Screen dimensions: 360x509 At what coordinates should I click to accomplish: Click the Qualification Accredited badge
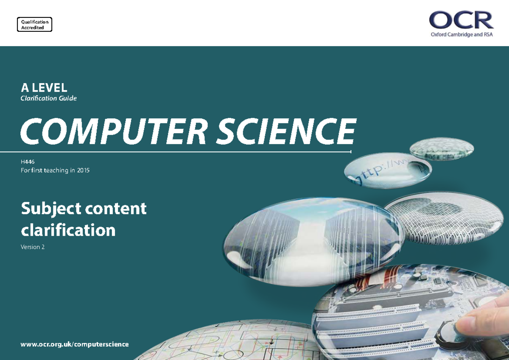click(34, 25)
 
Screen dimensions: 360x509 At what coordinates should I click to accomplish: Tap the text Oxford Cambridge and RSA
click(461, 35)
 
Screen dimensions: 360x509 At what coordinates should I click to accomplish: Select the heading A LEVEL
click(44, 88)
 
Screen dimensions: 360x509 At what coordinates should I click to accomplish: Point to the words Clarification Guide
click(49, 98)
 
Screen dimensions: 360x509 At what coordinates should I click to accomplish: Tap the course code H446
click(27, 162)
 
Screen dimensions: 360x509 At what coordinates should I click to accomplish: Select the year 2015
click(83, 170)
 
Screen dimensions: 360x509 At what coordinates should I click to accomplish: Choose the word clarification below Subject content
click(68, 230)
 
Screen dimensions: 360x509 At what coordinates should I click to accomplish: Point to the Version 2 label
click(33, 247)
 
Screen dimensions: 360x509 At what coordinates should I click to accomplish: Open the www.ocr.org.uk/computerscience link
click(75, 344)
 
